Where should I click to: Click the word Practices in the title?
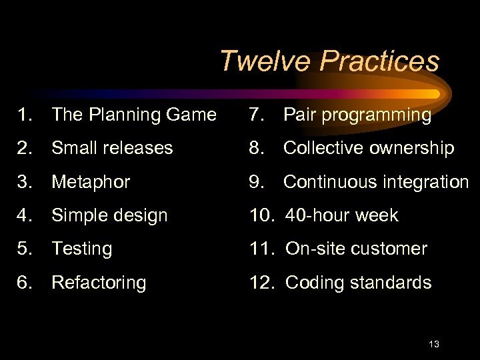point(379,61)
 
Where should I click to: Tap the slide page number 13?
point(434,344)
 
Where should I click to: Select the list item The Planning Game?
point(133,115)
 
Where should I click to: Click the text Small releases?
point(112,148)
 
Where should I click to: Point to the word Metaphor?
point(91,182)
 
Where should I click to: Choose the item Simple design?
point(109,215)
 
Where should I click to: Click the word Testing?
point(81,249)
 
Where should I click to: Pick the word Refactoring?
point(99,283)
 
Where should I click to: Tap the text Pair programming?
point(357,115)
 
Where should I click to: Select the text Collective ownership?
point(369,148)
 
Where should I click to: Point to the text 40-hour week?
point(341,215)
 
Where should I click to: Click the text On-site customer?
point(356,249)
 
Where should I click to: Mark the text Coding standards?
point(358,283)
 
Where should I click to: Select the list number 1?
point(26,115)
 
